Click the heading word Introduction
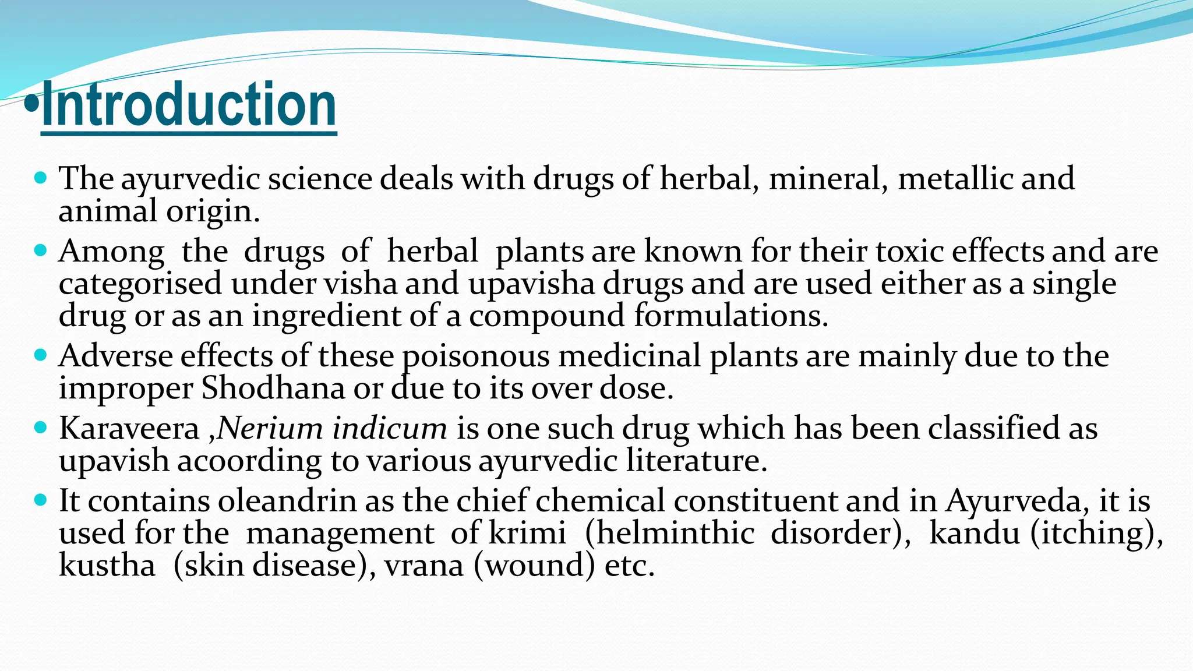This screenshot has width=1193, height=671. [189, 105]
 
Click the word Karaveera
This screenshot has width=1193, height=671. [129, 429]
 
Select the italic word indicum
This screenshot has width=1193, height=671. [389, 429]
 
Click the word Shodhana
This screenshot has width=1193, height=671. [273, 389]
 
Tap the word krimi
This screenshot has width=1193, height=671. [527, 533]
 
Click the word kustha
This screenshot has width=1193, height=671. [107, 565]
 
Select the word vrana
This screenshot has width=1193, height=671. [423, 565]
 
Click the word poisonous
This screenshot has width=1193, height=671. [476, 356]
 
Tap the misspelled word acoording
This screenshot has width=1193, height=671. [249, 461]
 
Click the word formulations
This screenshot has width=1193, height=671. [730, 316]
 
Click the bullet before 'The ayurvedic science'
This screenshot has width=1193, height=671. [40, 177]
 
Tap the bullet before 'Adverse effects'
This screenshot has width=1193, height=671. [40, 355]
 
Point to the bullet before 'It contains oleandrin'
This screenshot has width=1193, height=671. [40, 500]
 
